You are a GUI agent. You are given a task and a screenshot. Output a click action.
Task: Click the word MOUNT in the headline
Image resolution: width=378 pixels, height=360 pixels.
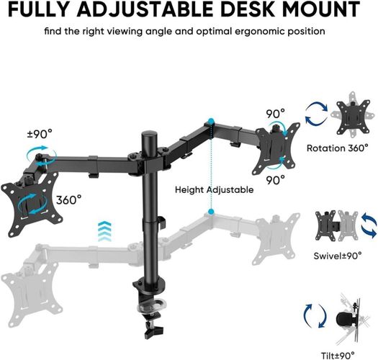coord(321,9)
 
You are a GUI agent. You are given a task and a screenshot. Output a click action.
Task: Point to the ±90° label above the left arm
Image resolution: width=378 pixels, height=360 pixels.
coord(40,134)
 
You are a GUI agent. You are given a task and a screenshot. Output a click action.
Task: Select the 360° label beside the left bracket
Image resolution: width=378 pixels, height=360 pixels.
coord(69,200)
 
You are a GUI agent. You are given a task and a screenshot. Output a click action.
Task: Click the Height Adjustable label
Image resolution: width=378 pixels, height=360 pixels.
coord(215,190)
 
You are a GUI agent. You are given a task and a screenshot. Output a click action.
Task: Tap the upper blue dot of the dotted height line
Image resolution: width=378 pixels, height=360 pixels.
coord(211,121)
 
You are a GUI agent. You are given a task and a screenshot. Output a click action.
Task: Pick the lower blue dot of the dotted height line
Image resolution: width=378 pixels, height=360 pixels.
coord(211,212)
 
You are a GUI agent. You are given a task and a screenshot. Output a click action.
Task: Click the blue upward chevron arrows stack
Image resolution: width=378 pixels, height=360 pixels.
coord(104,231)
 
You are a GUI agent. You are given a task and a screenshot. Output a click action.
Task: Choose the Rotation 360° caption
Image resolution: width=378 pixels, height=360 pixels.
coord(338,148)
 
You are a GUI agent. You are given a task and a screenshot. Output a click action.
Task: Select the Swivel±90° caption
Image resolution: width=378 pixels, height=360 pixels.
coord(338,256)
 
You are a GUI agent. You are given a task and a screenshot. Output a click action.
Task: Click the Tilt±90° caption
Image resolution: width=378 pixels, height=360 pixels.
coord(338,356)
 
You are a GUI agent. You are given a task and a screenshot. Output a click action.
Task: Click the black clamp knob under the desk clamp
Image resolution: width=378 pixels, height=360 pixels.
coord(153,330)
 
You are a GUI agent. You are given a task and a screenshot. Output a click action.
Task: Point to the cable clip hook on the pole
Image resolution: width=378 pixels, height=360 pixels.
coord(162,222)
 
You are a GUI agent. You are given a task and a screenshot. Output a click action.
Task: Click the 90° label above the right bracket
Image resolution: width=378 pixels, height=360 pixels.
coord(275,114)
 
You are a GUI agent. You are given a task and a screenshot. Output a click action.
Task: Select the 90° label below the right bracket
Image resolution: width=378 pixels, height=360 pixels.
coord(275,179)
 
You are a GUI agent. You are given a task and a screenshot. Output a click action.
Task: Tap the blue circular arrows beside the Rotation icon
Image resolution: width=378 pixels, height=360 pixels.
coord(317,114)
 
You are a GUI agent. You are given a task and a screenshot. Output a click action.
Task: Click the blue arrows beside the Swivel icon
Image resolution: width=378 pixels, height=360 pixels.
coord(369,225)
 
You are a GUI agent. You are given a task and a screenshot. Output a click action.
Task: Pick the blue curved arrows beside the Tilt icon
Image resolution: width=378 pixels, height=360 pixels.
coord(315,316)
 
